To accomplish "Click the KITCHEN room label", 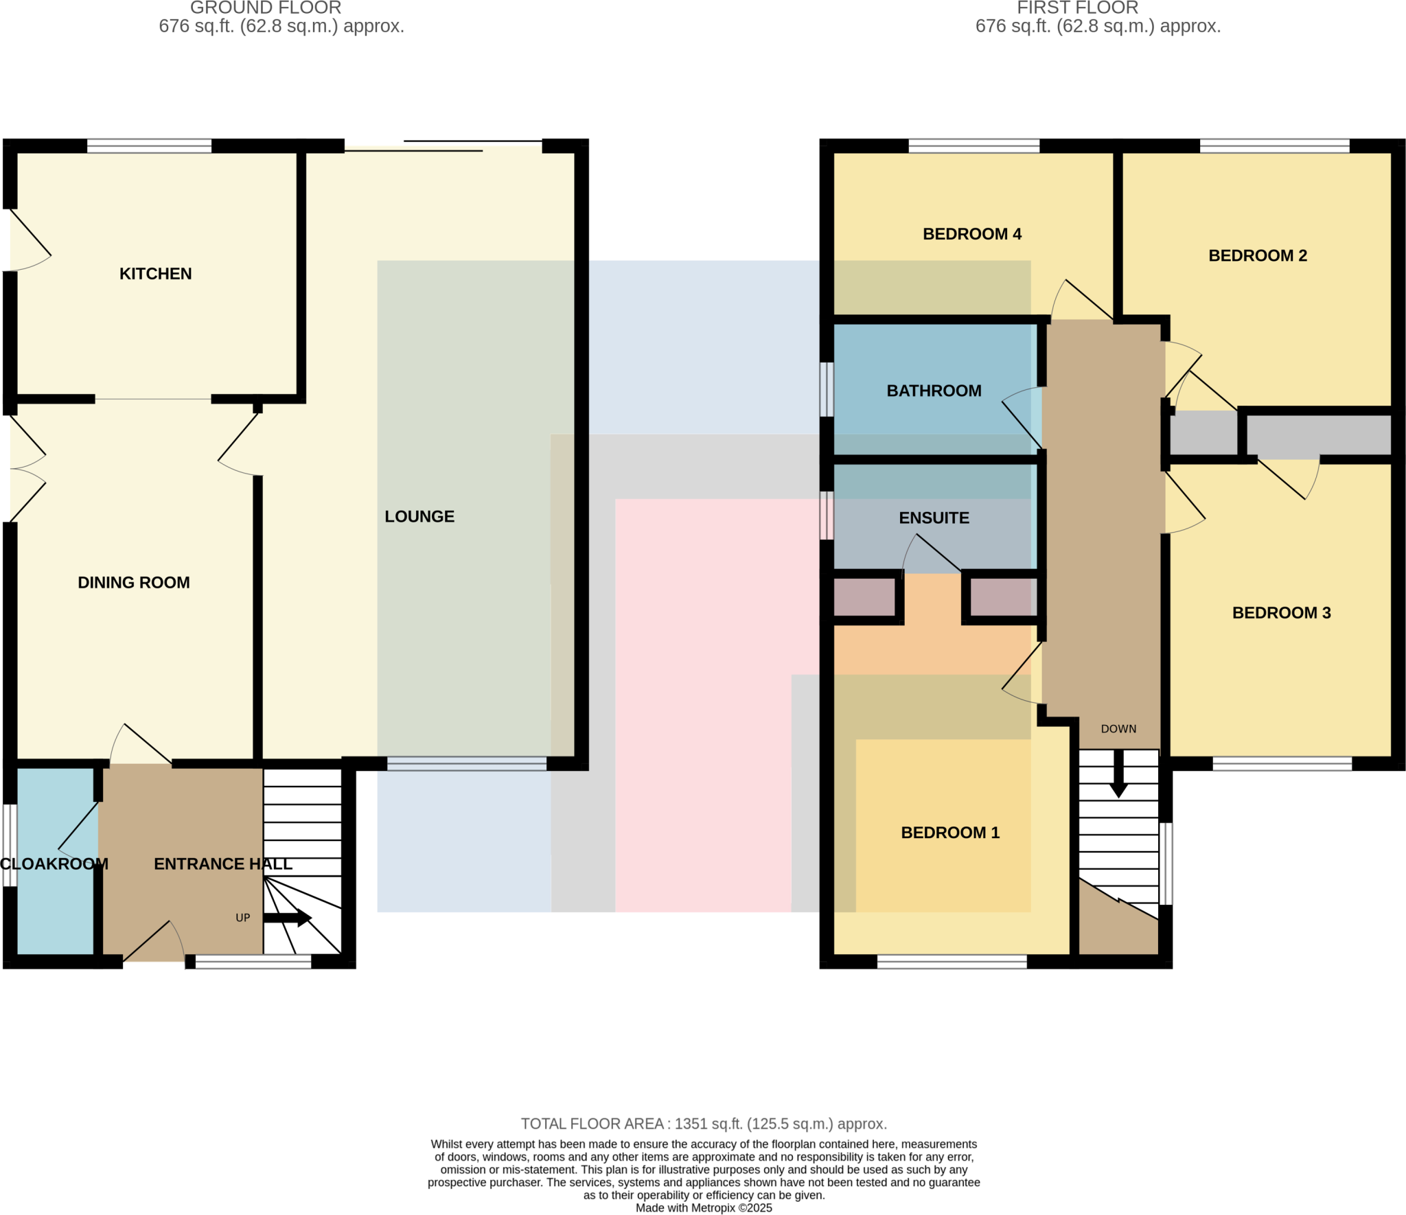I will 155,274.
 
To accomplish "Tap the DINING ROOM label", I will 134,582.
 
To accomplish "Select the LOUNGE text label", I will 419,516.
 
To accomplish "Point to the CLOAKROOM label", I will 54,864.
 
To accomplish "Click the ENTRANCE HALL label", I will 222,864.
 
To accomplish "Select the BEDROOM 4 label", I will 971,234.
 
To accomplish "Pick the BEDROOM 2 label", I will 1257,255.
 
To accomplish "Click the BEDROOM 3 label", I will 1281,612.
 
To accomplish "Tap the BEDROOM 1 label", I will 949,833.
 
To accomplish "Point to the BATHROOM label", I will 934,391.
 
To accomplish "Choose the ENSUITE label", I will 934,518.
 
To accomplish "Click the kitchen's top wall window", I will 149,146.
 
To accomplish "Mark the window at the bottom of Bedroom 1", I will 952,962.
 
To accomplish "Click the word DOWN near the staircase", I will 1118,729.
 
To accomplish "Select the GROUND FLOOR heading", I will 266,8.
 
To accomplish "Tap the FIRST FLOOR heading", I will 1077,8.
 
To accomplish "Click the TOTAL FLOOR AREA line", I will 703,1124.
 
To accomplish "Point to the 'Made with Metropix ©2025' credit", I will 703,1208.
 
